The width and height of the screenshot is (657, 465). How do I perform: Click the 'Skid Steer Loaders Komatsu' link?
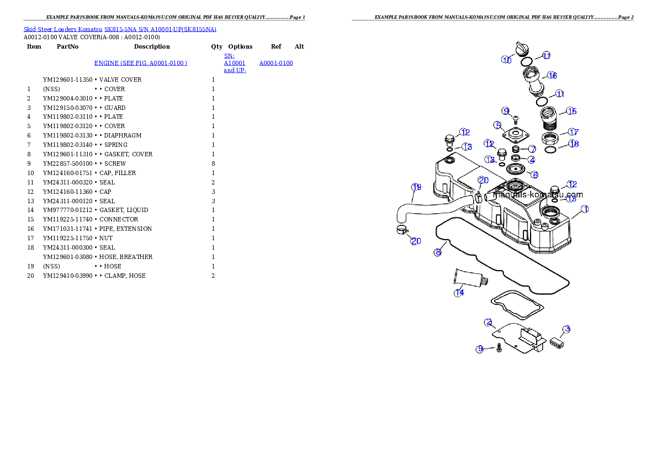tap(63, 29)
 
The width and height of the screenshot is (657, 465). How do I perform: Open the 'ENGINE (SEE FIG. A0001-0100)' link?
tap(141, 63)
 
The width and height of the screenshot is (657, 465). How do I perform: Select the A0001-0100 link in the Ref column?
tap(276, 63)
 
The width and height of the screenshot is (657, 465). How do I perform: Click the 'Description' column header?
tap(152, 46)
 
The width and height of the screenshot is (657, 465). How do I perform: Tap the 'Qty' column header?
tap(216, 46)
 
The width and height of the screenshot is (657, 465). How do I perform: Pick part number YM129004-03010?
tap(67, 98)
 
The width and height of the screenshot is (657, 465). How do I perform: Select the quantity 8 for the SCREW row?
tap(213, 163)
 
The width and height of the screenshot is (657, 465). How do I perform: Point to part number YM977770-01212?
tap(67, 210)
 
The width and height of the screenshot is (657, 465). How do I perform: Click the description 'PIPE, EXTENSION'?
tap(126, 229)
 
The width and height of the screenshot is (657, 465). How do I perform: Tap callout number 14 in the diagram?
tap(459, 293)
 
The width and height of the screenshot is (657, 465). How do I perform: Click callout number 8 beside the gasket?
tap(438, 252)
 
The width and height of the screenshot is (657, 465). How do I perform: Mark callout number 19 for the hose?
tap(416, 187)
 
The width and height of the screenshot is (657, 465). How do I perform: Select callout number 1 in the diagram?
tap(585, 209)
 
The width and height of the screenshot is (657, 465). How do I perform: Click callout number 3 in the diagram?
tap(566, 329)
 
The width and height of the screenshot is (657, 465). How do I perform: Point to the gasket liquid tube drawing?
tap(471, 278)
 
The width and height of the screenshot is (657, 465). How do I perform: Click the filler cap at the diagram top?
tap(522, 48)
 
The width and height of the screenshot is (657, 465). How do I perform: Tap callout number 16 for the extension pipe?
tap(552, 76)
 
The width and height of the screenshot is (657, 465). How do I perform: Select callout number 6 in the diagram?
tap(534, 175)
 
